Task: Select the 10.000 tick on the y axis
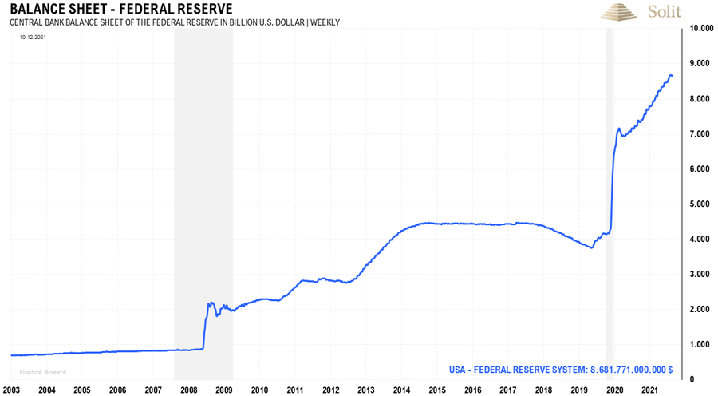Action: pyautogui.click(x=700, y=29)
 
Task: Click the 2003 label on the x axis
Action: pyautogui.click(x=11, y=390)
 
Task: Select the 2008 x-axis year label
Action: pyautogui.click(x=189, y=390)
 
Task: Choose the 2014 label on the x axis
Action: pyautogui.click(x=401, y=390)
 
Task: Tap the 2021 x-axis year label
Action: pyautogui.click(x=649, y=390)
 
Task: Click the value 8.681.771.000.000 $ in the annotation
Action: pyautogui.click(x=630, y=370)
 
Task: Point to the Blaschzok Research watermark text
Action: pyautogui.click(x=38, y=372)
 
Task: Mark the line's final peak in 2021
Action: pyautogui.click(x=670, y=75)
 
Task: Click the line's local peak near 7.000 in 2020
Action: pyautogui.click(x=618, y=128)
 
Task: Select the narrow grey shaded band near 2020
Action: pyautogui.click(x=610, y=200)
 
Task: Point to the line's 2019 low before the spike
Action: pyautogui.click(x=592, y=247)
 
